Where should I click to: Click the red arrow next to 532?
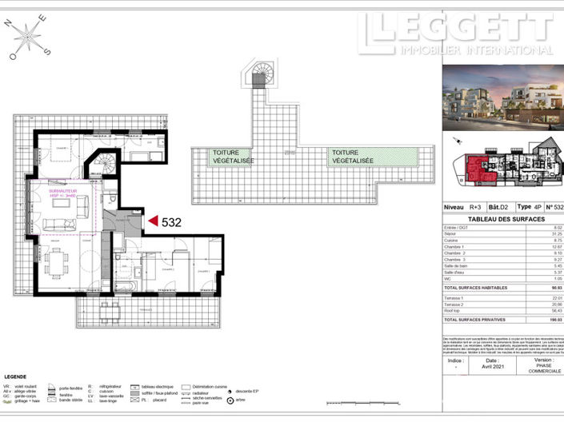(x=153, y=221)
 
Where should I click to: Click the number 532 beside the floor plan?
(x=174, y=222)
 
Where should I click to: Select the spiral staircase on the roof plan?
(x=258, y=77)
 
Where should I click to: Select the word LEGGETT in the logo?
(x=456, y=30)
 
